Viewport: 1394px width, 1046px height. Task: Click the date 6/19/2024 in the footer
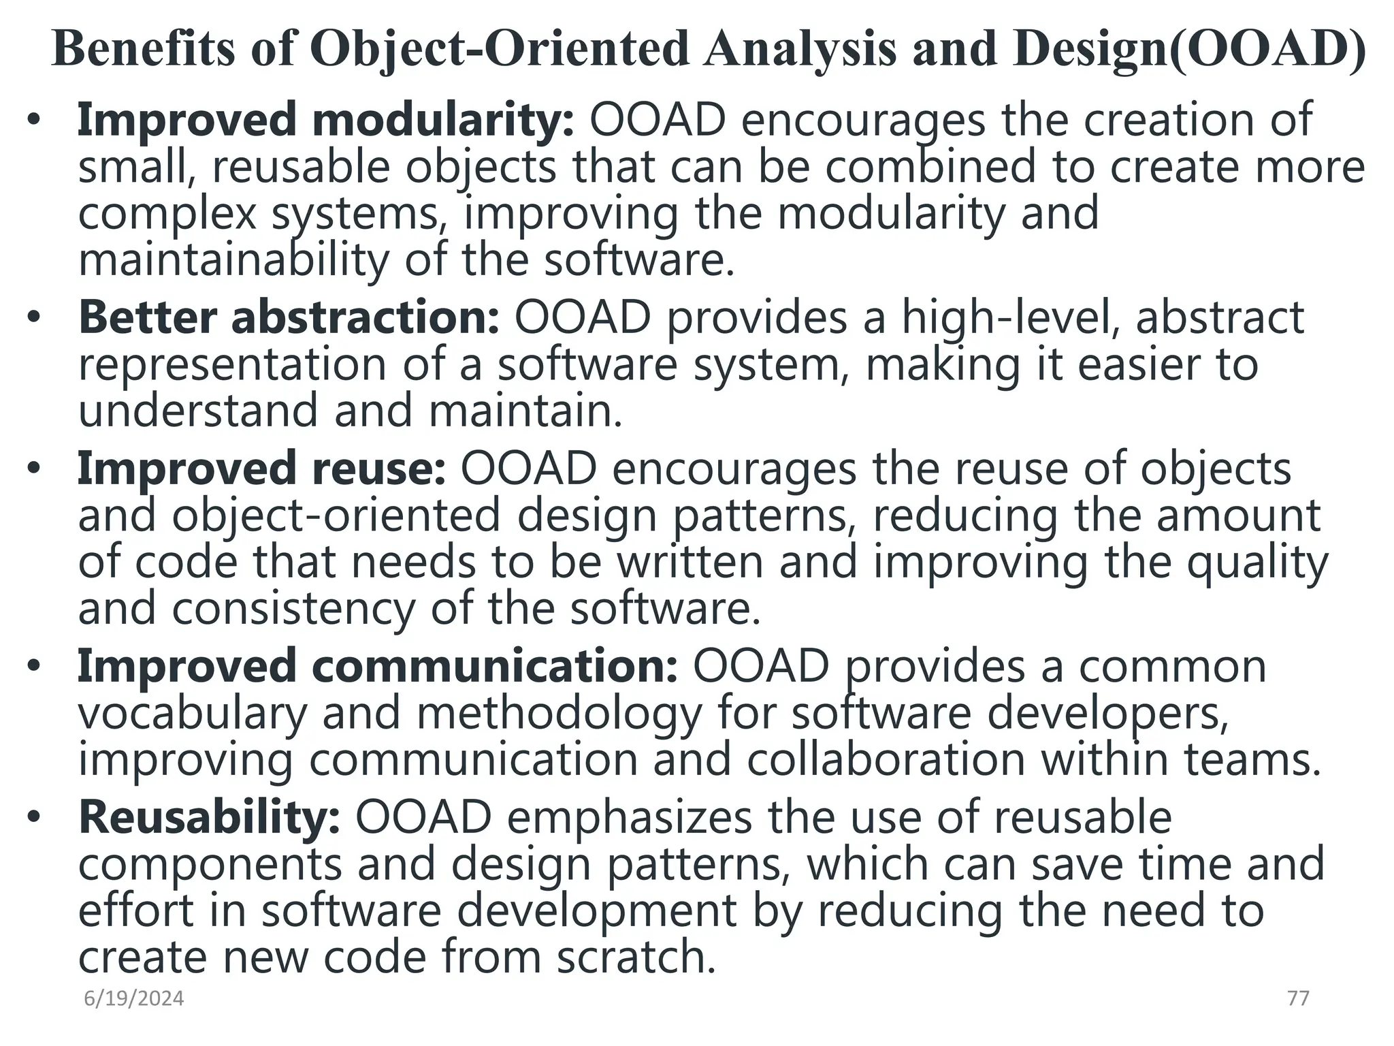133,998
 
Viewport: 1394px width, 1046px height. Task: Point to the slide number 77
1298,998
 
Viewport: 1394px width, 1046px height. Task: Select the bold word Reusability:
209,817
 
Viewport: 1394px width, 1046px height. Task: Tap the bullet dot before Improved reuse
35,469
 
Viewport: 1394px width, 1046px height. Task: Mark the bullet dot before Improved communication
35,667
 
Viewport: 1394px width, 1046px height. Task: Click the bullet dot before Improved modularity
35,121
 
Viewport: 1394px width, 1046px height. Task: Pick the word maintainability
233,260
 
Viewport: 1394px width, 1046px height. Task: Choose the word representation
232,365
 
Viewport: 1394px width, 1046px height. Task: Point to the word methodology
559,714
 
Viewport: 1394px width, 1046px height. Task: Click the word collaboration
886,759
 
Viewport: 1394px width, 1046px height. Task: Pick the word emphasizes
630,817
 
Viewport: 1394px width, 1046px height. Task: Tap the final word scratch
636,957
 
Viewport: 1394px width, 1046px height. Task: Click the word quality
1257,562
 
